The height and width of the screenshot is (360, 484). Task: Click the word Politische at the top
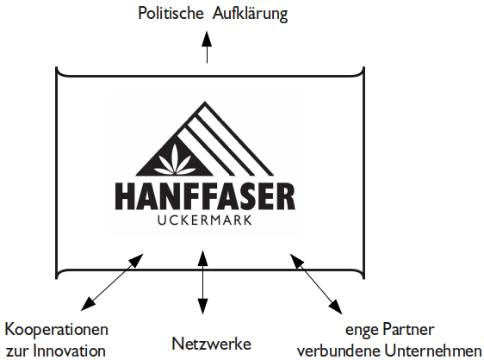171,14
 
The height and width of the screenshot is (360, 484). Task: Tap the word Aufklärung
250,15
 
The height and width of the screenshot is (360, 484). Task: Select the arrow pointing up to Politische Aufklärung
207,47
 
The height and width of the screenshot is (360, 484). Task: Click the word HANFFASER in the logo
205,196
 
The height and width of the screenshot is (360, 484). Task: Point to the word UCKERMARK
205,220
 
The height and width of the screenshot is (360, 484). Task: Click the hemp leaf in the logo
175,160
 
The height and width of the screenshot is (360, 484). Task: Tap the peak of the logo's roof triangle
205,102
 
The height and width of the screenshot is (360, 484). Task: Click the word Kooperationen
57,330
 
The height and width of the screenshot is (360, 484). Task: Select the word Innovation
69,351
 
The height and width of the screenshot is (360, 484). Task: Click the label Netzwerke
212,344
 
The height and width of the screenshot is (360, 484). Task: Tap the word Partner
408,329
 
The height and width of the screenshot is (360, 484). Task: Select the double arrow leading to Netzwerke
202,282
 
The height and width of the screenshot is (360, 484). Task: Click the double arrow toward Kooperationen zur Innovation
112,282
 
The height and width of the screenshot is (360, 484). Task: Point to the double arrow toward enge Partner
316,283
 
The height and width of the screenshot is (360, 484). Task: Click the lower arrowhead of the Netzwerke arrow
202,306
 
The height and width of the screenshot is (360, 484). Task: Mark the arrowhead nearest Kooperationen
88,303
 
